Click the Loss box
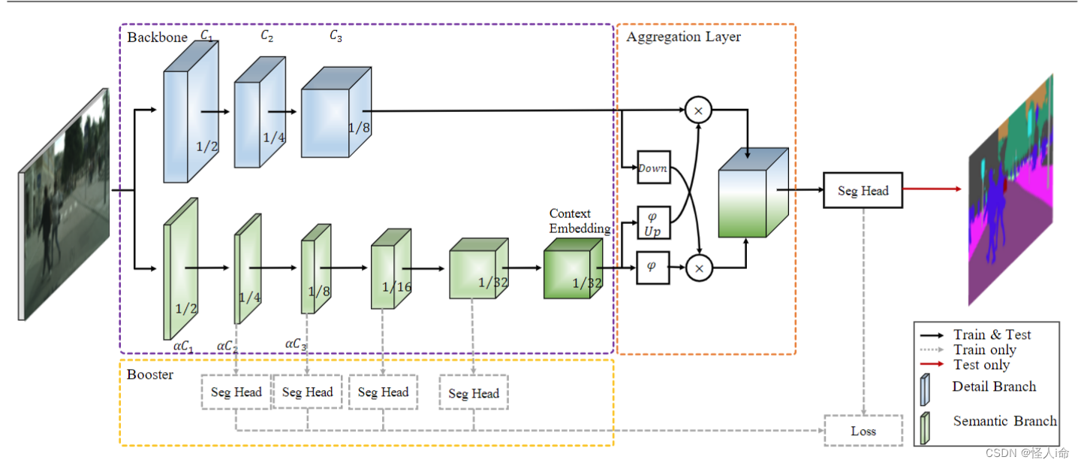[x=863, y=431]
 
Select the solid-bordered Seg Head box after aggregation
[x=863, y=191]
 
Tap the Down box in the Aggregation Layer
[x=652, y=168]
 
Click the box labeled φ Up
[x=652, y=222]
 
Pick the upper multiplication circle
[x=698, y=110]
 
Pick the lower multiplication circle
[x=698, y=268]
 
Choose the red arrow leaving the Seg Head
[x=932, y=189]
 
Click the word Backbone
[x=157, y=37]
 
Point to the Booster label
[x=150, y=374]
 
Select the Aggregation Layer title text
[x=683, y=37]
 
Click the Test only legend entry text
[x=981, y=365]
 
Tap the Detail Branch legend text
[x=994, y=386]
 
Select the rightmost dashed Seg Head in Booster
[x=474, y=393]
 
